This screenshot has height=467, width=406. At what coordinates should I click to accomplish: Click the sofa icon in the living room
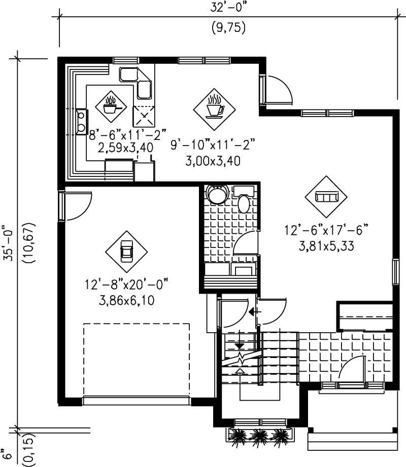pyautogui.click(x=326, y=197)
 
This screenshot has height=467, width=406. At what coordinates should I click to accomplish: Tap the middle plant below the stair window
pyautogui.click(x=259, y=435)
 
